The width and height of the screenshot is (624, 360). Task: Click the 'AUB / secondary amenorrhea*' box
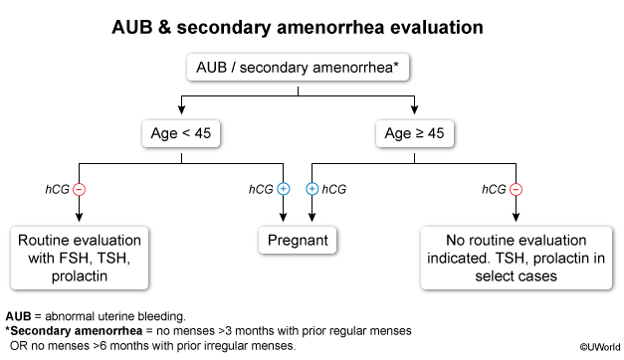298,68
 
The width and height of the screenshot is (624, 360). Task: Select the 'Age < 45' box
181,133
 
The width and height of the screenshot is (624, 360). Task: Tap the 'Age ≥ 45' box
414,133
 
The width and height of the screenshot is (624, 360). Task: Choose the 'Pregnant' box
298,241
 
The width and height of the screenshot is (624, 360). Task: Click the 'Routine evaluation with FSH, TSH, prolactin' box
80,258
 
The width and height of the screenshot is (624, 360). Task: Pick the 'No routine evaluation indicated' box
517,258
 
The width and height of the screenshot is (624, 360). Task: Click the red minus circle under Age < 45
80,189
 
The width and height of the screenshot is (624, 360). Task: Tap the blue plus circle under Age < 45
284,189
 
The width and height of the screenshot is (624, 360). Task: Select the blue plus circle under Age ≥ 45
312,189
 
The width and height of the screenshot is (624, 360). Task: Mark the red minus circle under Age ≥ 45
517,189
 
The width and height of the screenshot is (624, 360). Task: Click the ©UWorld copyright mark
600,347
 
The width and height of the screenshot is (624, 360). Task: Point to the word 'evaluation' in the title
437,28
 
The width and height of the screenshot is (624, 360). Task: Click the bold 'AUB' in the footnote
18,316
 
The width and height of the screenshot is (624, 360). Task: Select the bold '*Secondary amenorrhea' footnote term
74,331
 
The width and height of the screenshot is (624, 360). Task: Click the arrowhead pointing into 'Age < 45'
181,110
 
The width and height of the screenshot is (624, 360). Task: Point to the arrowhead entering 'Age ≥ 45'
415,110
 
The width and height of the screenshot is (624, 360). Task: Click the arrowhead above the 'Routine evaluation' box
80,217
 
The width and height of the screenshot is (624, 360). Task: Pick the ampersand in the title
164,28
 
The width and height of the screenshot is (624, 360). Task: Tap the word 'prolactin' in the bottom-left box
80,276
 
